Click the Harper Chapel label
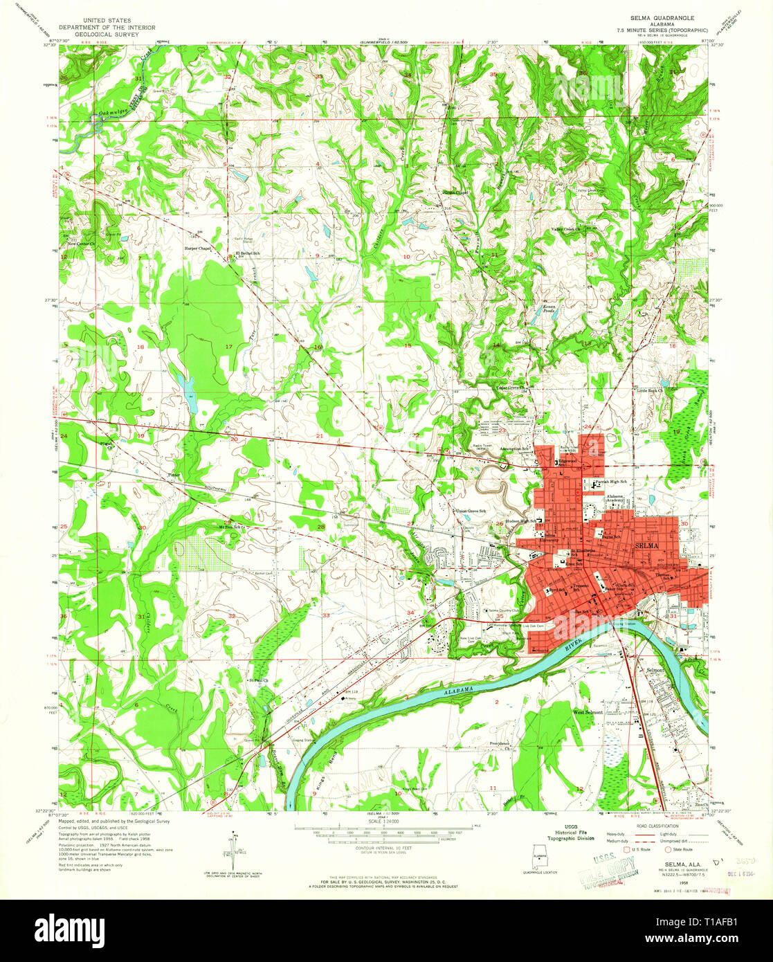tap(197, 247)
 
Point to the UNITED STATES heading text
tap(107, 22)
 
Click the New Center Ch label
tap(80, 244)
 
